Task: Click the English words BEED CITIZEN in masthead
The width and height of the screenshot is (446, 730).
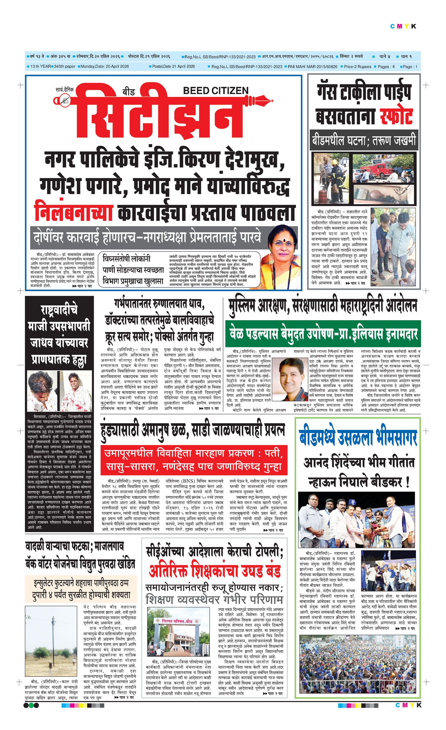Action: point(216,90)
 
